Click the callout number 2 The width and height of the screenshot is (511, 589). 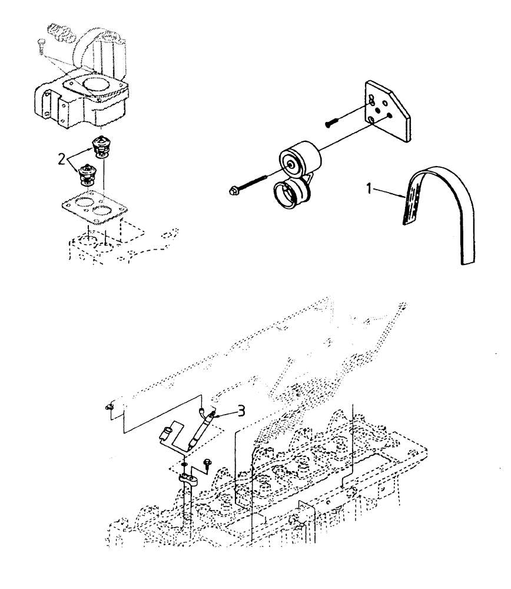click(61, 157)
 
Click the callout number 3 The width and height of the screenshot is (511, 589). click(226, 411)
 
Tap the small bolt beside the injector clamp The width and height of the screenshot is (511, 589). click(207, 464)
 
